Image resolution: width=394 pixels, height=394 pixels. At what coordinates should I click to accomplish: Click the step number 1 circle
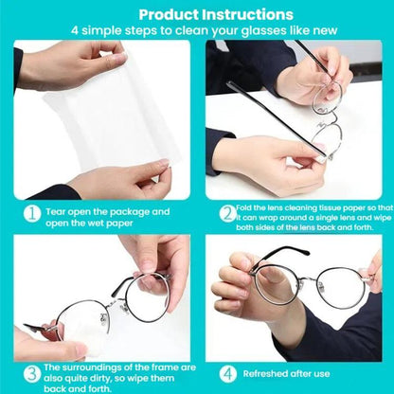click(x=30, y=215)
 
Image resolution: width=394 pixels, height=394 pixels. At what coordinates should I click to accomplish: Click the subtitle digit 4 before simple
click(x=75, y=30)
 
